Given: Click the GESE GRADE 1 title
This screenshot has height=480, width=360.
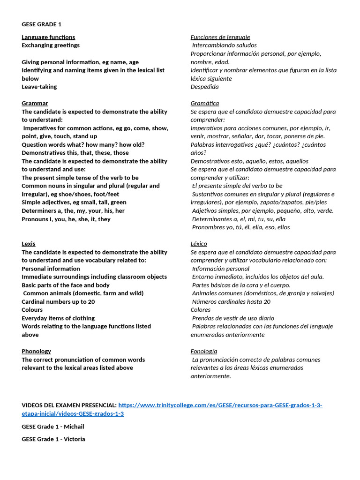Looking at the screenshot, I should coord(41,24).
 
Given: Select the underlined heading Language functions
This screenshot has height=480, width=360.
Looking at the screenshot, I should coord(48,37).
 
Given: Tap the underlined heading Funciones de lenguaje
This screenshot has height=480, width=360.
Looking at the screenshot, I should coord(220,37).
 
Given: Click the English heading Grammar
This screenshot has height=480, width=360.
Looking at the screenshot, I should coord(35,103).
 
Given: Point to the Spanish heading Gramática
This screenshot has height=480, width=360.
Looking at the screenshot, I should coord(204,103).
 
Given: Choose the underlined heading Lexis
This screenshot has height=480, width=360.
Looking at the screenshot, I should coord(28,244).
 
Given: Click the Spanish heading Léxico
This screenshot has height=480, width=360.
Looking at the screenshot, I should coord(199,244).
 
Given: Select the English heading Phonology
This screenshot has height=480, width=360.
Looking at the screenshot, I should coord(36,351).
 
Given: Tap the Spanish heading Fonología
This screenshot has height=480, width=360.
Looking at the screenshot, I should coord(203,351).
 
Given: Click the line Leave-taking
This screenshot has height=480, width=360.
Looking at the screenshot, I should coord(39,87).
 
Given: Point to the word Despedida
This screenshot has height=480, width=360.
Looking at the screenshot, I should coord(204,87).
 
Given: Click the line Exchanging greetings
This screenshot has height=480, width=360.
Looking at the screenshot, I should coord(51,45).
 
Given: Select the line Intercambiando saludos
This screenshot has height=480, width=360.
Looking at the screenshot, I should coord(225,45).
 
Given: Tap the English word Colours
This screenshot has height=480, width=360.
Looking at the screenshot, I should coord(32,310).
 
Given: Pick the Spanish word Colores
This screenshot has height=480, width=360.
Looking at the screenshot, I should coord(201,310).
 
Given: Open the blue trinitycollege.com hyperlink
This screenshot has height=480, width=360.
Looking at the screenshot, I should coord(220,405).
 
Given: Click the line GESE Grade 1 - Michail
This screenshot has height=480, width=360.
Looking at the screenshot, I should coord(53,427).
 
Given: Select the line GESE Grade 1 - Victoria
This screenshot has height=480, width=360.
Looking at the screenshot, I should coord(53,439).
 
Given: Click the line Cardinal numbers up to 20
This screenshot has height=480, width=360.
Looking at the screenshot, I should coord(58,301).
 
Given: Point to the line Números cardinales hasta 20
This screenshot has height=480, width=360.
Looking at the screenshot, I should coord(231,301).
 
